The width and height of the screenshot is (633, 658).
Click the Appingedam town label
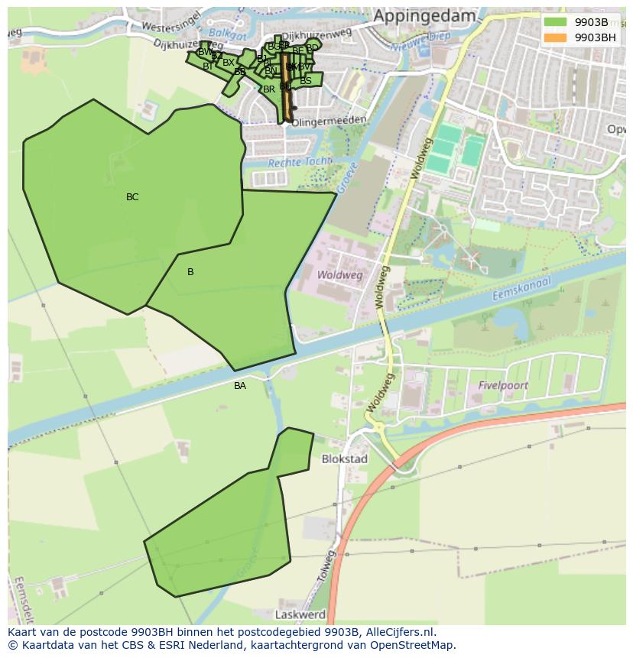424,16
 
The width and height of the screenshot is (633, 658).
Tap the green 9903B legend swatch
556,22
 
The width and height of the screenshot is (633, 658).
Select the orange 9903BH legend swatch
556,37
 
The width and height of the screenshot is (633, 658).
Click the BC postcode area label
132,197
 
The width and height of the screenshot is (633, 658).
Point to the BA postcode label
240,386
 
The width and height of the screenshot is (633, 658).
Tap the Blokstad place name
345,459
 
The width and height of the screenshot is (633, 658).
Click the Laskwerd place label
300,614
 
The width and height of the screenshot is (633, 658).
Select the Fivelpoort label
503,386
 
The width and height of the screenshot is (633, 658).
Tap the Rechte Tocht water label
300,162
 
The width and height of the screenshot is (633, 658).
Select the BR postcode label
268,89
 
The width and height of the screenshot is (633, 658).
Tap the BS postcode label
306,80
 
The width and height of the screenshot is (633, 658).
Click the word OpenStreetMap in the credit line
412,645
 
